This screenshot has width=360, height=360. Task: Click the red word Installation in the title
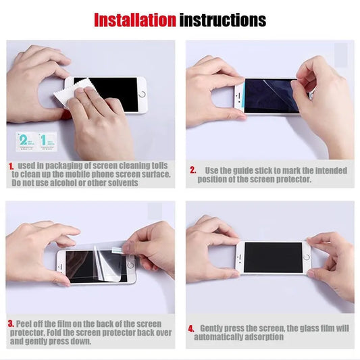tap(134, 20)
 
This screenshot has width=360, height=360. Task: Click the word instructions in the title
tap(222, 20)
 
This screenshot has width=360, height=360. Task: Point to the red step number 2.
tap(192, 170)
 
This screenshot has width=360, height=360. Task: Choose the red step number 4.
tap(192, 328)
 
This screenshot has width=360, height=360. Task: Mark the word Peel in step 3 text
tap(24, 324)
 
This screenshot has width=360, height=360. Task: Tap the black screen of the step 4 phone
tap(272, 257)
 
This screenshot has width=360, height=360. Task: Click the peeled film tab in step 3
tap(128, 247)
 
